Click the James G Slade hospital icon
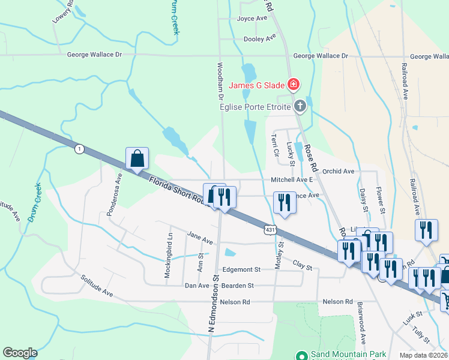[294, 84]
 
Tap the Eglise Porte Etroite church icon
[300, 107]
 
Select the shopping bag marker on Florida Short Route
[137, 159]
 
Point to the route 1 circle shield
[79, 149]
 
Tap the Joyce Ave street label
[252, 19]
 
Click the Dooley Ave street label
[259, 38]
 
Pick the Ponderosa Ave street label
[119, 187]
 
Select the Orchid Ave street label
[338, 171]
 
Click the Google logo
[20, 353]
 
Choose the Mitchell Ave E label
[292, 179]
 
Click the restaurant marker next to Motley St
[285, 202]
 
